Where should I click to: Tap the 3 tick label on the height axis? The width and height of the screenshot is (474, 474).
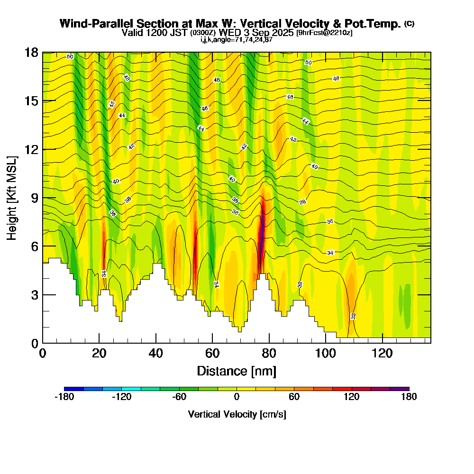tap(34, 295)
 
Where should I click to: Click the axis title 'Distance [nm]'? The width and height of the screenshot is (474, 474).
tap(237, 370)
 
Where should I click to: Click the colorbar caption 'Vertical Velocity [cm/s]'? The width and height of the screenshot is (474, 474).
tap(237, 414)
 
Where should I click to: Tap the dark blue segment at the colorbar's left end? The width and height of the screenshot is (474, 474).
tap(73, 389)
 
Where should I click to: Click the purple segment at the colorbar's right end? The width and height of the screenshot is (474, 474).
tap(399, 389)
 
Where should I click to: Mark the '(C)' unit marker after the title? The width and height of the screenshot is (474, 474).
tap(409, 24)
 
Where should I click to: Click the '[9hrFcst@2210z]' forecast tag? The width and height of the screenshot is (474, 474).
tap(324, 33)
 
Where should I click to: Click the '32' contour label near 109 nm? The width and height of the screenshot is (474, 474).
tap(353, 316)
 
